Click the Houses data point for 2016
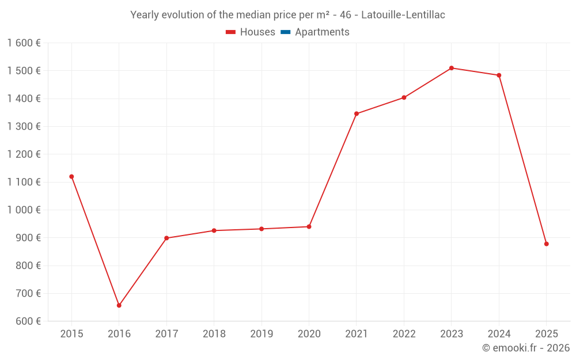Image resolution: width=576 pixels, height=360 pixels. click(x=119, y=305)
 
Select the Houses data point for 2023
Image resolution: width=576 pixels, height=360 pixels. click(x=452, y=68)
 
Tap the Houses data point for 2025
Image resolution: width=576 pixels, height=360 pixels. click(x=546, y=244)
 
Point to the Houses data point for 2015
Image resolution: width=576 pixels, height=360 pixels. click(x=71, y=177)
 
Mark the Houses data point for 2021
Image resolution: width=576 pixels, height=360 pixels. click(x=357, y=113)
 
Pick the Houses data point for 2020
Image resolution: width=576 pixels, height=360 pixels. click(x=309, y=227)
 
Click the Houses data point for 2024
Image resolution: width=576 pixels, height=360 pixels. click(x=499, y=75)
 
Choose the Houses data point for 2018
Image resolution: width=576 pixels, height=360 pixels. click(x=214, y=230)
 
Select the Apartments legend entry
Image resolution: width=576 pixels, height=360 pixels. click(x=321, y=32)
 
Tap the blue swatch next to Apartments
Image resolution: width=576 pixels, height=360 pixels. click(x=286, y=32)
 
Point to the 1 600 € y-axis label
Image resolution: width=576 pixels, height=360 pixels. click(x=24, y=43)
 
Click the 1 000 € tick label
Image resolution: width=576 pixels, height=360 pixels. click(x=24, y=210)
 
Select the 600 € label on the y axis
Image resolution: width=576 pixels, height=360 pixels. click(x=28, y=321)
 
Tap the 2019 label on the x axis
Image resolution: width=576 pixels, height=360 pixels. click(x=262, y=334)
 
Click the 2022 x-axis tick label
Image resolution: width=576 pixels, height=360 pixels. click(x=404, y=334)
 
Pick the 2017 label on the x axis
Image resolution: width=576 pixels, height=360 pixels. click(x=166, y=334)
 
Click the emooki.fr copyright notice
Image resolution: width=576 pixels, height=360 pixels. click(x=525, y=348)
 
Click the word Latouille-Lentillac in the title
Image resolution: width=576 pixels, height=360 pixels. click(x=403, y=15)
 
